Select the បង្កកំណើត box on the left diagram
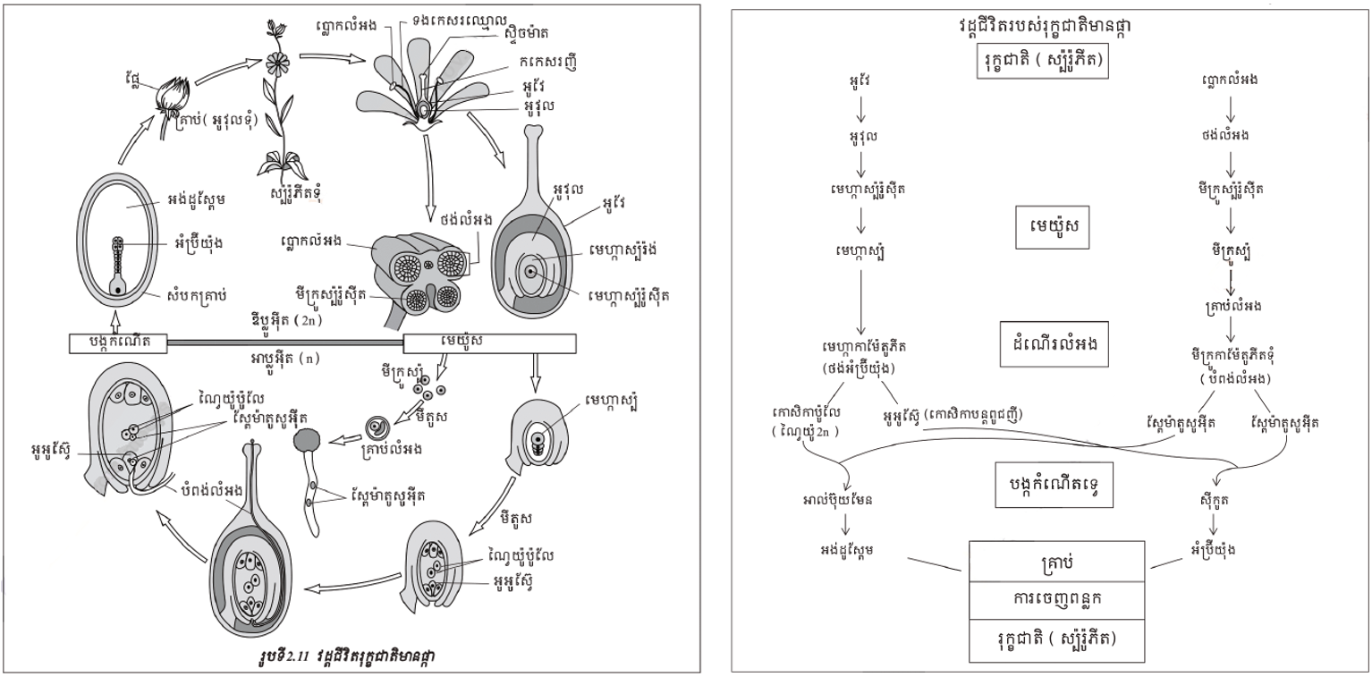(117, 343)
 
